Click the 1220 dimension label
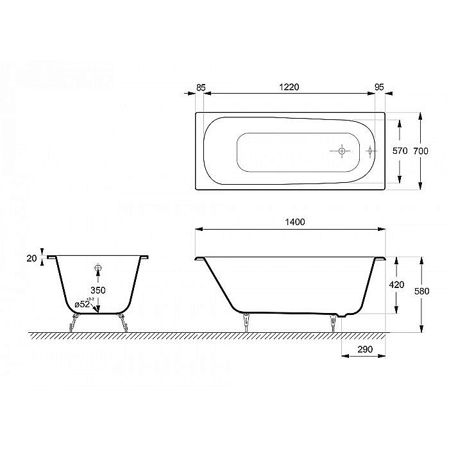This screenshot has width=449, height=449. pyautogui.click(x=290, y=87)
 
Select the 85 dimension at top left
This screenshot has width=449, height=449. pyautogui.click(x=200, y=87)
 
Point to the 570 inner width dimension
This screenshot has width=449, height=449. pyautogui.click(x=400, y=151)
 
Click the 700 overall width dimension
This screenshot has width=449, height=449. pyautogui.click(x=420, y=151)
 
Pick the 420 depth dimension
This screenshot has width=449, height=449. pyautogui.click(x=397, y=285)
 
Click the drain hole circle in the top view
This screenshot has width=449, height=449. pyautogui.click(x=341, y=151)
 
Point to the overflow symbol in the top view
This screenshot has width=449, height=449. pyautogui.click(x=369, y=151)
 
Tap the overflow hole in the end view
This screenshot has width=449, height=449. pyautogui.click(x=98, y=269)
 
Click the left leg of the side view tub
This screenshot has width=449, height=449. pyautogui.click(x=246, y=321)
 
